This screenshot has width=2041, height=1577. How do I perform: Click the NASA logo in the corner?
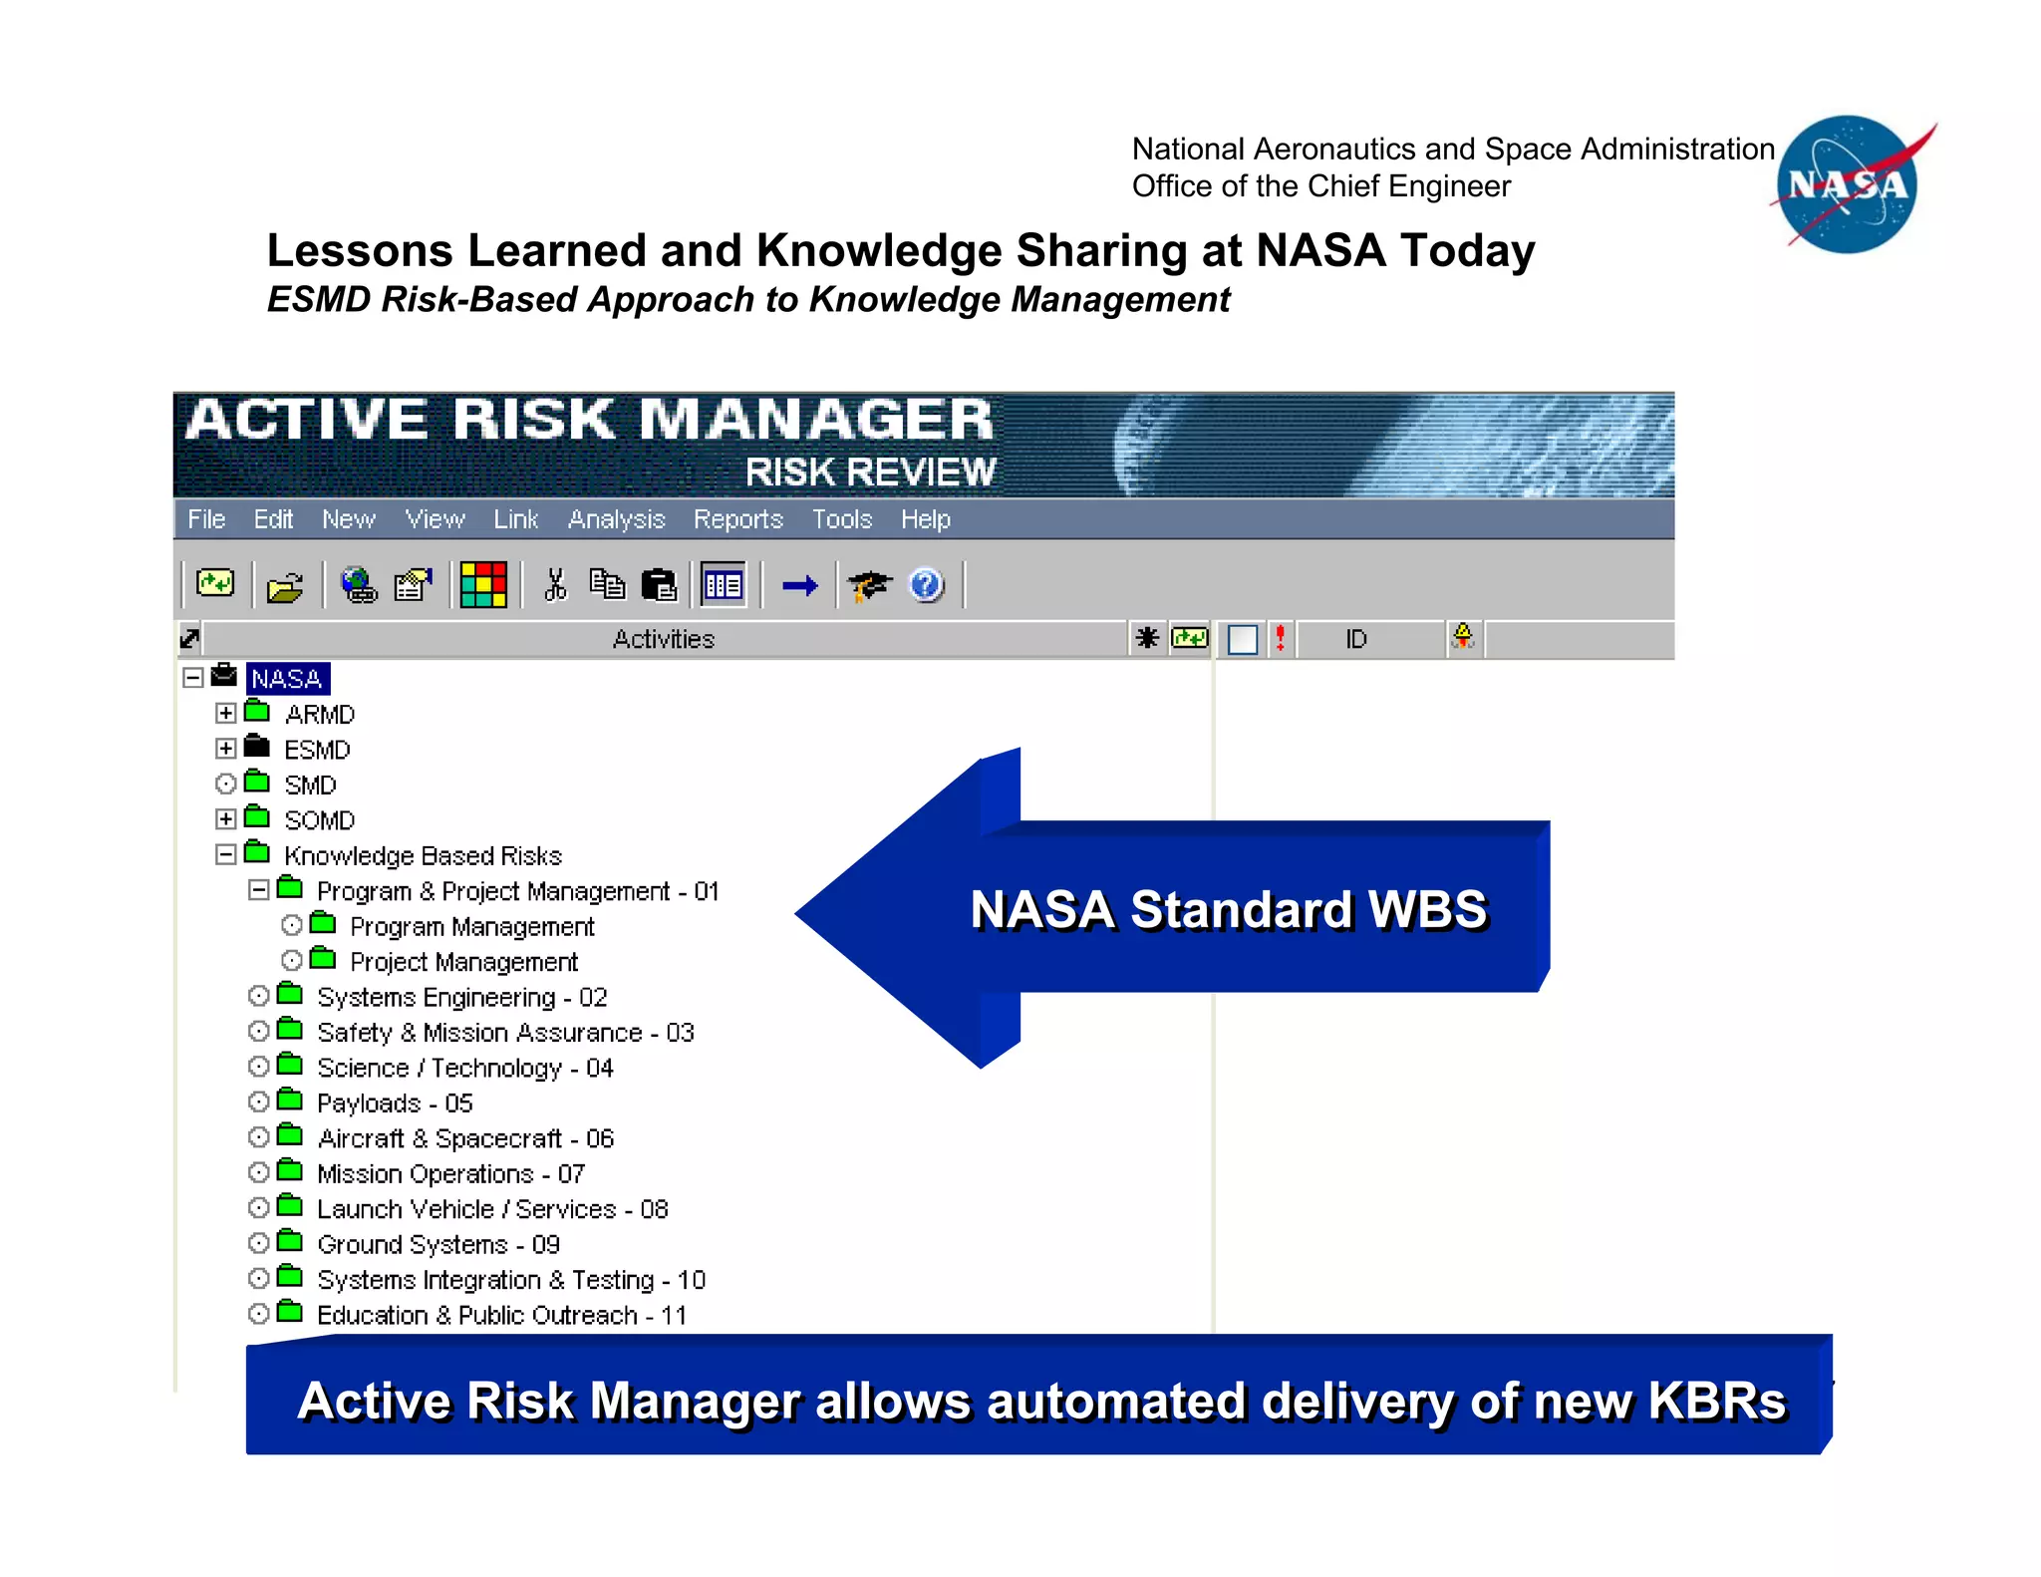(1849, 184)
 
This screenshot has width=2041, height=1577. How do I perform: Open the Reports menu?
(737, 519)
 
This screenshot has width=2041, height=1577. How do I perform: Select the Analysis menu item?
(616, 519)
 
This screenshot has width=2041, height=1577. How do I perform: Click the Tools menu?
(841, 519)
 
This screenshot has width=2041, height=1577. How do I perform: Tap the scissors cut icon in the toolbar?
(555, 585)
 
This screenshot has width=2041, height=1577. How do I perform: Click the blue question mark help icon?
(926, 585)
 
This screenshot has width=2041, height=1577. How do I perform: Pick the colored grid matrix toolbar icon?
(483, 585)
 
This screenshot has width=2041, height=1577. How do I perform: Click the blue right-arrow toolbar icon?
(799, 585)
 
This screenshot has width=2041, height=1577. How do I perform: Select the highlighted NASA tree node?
(287, 679)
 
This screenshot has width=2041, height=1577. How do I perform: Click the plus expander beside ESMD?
(226, 749)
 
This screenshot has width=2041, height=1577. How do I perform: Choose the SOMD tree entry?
(319, 820)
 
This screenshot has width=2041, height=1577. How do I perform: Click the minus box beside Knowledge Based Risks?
(226, 854)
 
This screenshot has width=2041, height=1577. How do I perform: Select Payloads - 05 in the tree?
(395, 1104)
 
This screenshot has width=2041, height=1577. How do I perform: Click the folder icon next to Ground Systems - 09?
(290, 1242)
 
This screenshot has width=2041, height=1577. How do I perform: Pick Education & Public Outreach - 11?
(501, 1316)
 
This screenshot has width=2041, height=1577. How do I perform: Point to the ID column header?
(1356, 639)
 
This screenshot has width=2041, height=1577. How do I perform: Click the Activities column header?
(664, 639)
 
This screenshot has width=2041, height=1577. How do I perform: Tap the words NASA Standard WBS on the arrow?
(1228, 909)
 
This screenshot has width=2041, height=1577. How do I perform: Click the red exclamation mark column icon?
(1281, 638)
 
